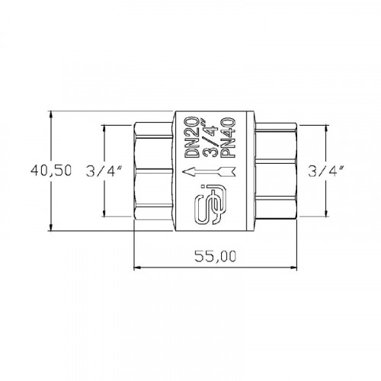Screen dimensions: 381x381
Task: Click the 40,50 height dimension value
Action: tap(51, 171)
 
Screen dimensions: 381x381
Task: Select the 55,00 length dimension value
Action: tap(216, 256)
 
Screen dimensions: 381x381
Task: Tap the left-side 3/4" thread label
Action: tap(104, 171)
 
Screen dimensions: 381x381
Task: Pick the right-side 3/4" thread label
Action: tap(326, 171)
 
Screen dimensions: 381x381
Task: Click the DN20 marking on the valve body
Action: tap(191, 137)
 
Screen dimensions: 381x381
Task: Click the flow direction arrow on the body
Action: tap(209, 171)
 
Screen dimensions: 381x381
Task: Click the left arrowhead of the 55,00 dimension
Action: tap(137, 267)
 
